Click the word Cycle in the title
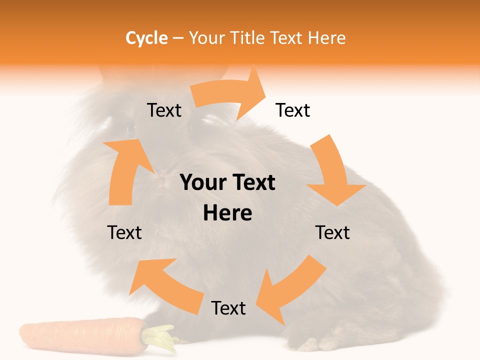point(146,38)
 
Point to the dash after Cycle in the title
point(178,38)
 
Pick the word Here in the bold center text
point(227,213)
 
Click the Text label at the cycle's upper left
point(164,110)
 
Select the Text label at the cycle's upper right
point(293,110)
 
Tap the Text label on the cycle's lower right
point(332,233)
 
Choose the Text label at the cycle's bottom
point(228,308)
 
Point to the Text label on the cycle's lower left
point(124,233)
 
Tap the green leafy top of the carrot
point(160,337)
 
